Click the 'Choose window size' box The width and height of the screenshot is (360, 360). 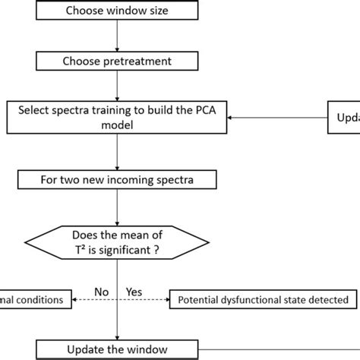(117, 11)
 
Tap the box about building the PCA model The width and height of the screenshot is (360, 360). (117, 118)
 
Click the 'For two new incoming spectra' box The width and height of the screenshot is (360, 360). (117, 180)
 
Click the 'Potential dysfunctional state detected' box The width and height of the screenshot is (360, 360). (263, 300)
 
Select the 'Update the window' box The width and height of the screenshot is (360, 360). (117, 349)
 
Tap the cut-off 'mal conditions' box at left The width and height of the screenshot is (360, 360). (35, 300)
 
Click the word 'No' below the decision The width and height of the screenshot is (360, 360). (100, 292)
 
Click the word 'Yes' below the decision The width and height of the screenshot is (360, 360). (133, 292)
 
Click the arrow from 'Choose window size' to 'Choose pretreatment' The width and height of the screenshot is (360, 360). (117, 34)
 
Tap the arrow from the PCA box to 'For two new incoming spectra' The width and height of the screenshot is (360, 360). (117, 152)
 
